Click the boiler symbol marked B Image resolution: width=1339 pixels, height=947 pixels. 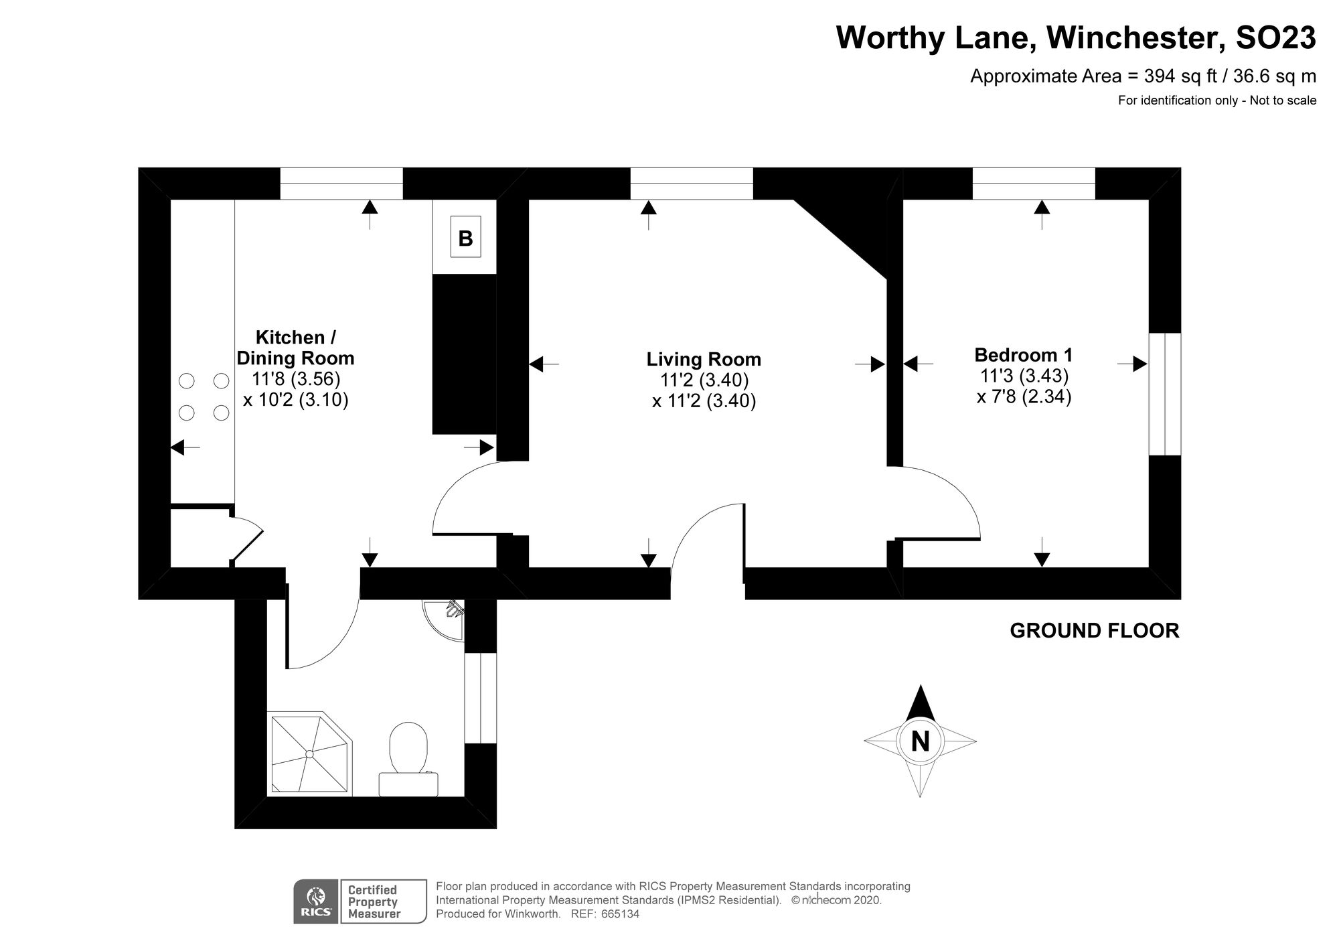pos(465,237)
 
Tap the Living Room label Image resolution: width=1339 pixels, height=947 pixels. pos(703,359)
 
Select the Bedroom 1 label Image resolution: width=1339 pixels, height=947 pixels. pos(1023,354)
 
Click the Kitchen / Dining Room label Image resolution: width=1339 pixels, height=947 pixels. pos(295,347)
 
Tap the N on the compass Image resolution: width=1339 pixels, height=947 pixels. pos(921,741)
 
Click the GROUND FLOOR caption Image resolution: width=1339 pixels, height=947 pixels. pos(1094,630)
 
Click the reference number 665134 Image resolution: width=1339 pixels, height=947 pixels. pos(620,914)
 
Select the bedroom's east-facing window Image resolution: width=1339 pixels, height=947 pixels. pos(1165,394)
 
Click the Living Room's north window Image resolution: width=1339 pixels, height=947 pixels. pos(691,184)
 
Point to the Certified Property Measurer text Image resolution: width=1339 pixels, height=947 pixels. pos(374,901)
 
